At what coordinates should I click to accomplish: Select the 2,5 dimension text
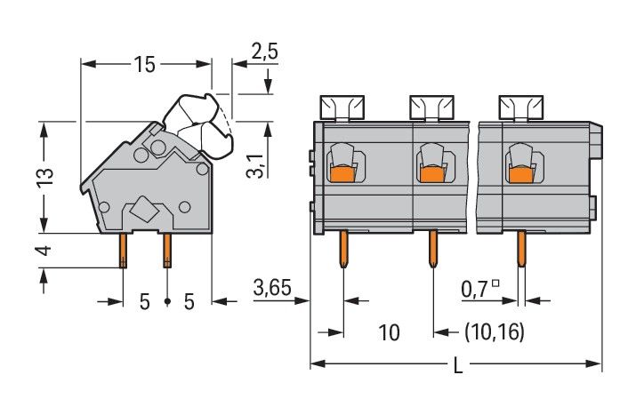coord(264,52)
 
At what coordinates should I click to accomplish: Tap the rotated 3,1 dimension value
coord(254,165)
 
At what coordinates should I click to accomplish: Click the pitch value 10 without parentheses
coord(389,332)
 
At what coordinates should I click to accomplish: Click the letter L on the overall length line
coord(457,365)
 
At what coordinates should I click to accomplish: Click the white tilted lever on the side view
coord(203,120)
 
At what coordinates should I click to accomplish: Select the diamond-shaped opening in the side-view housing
coord(142,211)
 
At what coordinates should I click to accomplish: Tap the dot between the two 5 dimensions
coord(167,302)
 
